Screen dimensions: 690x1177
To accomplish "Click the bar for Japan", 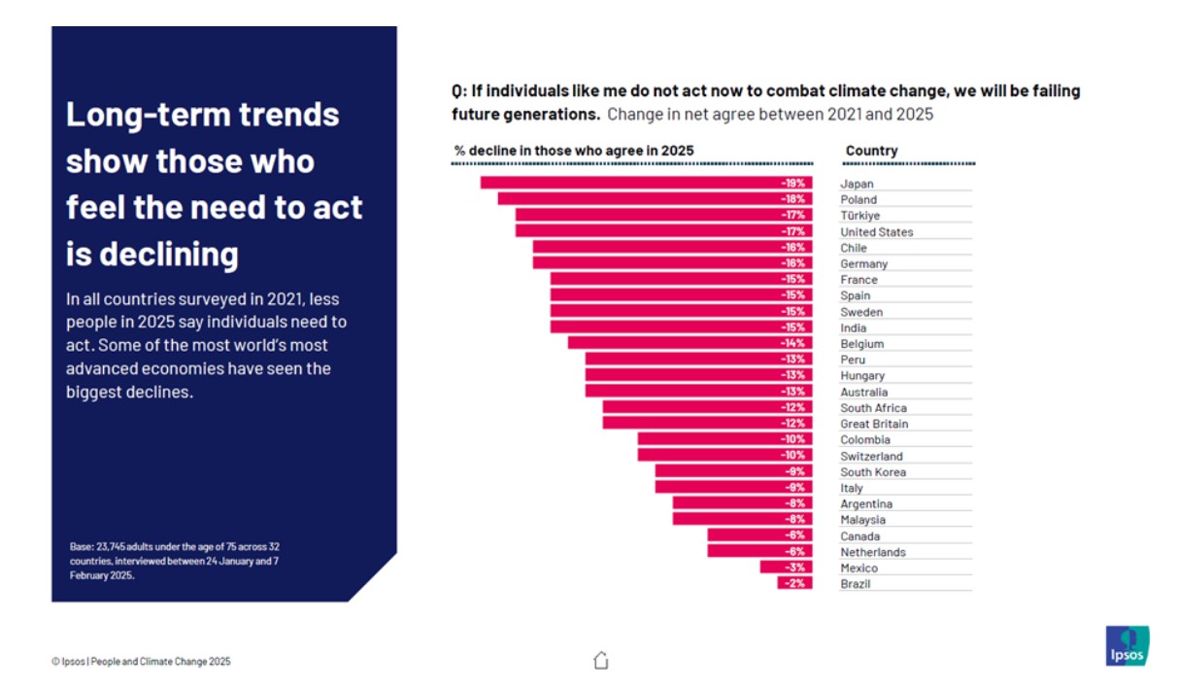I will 646,183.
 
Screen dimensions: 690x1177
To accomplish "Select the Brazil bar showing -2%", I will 794,584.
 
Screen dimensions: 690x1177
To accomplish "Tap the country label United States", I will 876,231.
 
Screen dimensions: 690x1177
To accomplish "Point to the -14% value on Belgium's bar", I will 793,343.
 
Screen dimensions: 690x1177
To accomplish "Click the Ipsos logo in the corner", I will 1127,646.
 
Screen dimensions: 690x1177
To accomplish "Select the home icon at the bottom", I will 600,661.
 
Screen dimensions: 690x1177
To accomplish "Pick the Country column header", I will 871,151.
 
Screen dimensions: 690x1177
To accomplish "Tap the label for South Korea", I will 872,472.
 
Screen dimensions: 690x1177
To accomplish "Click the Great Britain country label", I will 874,424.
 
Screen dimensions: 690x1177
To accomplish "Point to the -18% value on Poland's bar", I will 793,199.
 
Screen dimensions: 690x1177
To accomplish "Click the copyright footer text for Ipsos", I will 141,662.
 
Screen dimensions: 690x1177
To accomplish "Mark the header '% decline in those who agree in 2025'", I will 574,151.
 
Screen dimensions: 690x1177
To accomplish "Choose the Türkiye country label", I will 859,216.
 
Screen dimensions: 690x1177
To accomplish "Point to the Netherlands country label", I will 872,552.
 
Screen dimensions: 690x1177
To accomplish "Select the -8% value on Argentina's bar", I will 793,503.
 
